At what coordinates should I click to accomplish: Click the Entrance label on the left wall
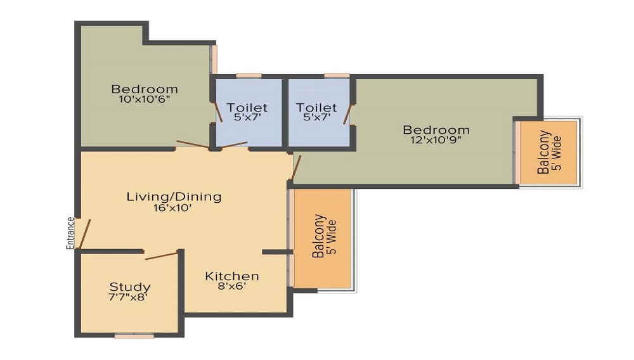[71, 233]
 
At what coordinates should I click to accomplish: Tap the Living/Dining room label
[174, 196]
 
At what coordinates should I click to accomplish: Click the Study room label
[130, 286]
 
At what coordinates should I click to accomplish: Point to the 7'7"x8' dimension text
[129, 297]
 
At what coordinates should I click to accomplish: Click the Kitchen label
[231, 276]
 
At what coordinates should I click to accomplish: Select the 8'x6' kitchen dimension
[231, 286]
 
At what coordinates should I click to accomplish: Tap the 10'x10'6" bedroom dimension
[145, 100]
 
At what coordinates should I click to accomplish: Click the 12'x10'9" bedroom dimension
[436, 141]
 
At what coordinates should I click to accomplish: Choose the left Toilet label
[247, 108]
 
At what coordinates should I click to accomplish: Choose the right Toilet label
[316, 108]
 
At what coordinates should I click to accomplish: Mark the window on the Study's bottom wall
[134, 336]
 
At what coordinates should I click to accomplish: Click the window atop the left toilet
[249, 75]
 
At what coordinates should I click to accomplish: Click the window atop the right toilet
[336, 75]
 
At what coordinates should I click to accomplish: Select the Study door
[161, 255]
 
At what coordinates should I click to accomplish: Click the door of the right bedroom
[296, 166]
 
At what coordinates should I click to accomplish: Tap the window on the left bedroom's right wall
[214, 58]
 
